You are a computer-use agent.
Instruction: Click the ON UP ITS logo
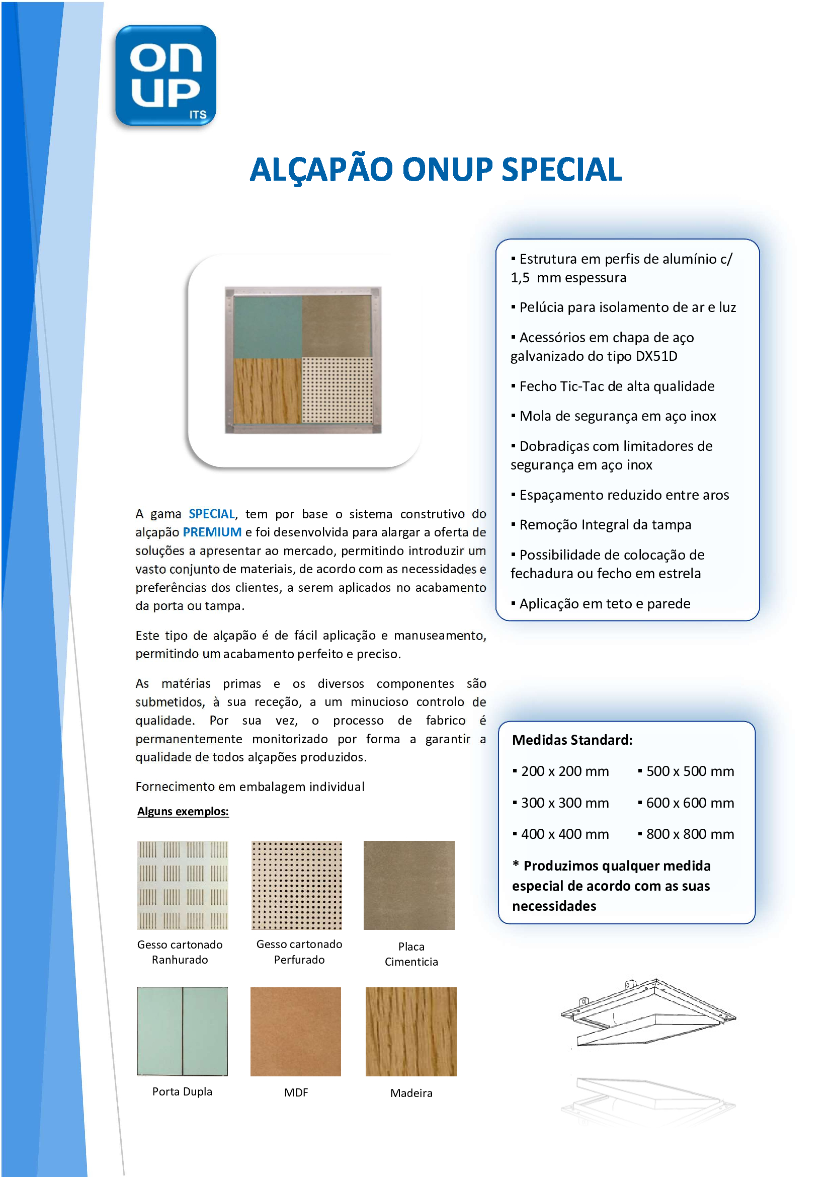[165, 75]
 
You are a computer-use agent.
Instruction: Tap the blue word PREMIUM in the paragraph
[212, 532]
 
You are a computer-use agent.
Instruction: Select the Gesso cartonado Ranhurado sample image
[183, 885]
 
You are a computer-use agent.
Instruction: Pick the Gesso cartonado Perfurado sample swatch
[297, 885]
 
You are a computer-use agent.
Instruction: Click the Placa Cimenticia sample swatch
[409, 885]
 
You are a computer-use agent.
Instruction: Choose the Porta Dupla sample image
[183, 1032]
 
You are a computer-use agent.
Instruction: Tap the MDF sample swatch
[296, 1032]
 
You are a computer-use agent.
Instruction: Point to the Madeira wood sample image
[411, 1032]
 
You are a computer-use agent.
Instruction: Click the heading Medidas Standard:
[572, 740]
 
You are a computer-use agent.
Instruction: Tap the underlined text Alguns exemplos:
[183, 812]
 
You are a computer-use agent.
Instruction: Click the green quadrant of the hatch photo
[267, 327]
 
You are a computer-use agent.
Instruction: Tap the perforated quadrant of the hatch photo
[337, 390]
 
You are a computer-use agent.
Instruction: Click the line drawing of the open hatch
[648, 1012]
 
